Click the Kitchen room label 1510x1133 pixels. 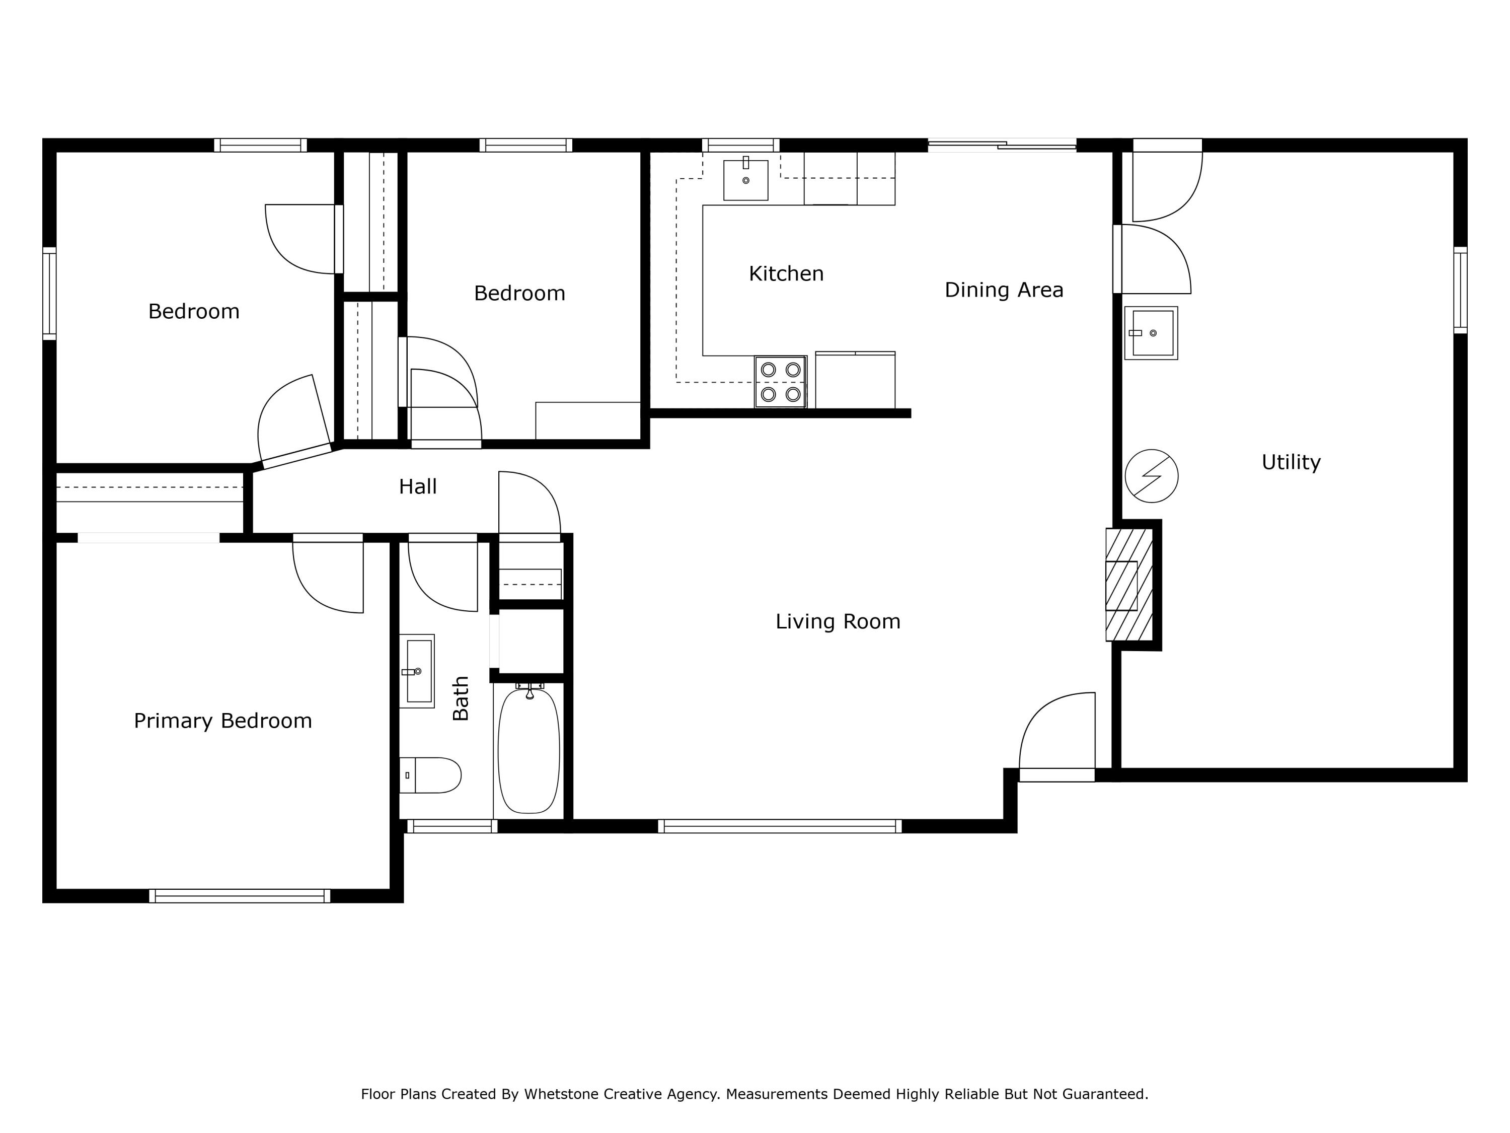(786, 274)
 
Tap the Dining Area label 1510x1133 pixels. (1004, 290)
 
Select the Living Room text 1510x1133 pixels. (838, 621)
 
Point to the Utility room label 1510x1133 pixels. (1290, 462)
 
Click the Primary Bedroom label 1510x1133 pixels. (222, 721)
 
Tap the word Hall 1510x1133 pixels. (417, 487)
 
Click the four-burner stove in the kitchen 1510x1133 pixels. (780, 382)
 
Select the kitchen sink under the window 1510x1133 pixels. (745, 180)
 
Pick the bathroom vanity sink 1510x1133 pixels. (417, 671)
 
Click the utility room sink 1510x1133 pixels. (1151, 333)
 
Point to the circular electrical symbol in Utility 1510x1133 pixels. (1151, 476)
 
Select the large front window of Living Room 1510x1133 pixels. (780, 826)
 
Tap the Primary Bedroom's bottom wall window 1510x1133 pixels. (240, 896)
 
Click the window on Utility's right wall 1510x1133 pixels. (1460, 290)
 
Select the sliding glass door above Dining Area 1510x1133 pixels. (1002, 144)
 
